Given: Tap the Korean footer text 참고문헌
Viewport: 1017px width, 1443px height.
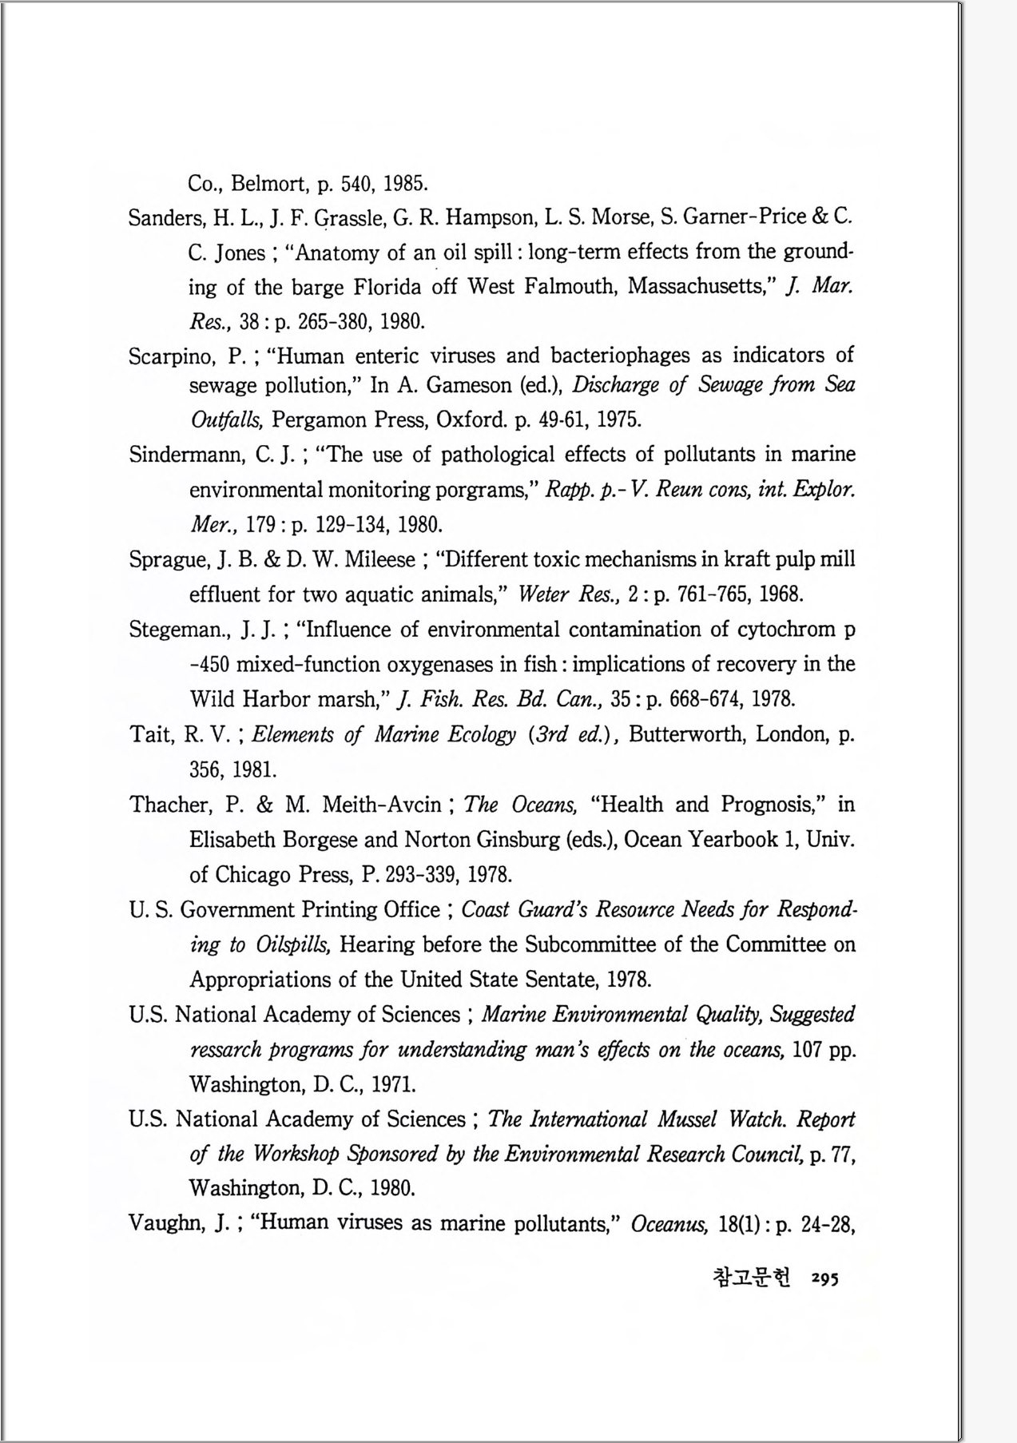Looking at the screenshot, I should tap(750, 1278).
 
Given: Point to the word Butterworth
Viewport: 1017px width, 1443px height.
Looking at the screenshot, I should tap(688, 734).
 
